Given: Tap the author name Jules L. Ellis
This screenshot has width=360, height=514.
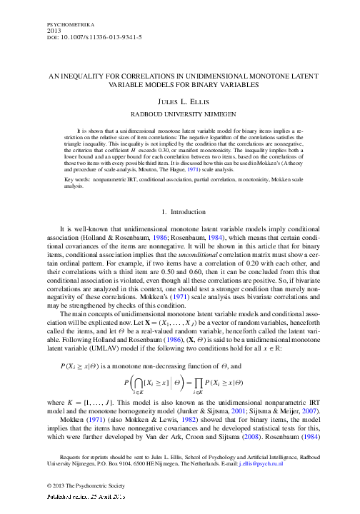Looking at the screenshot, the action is point(180,102).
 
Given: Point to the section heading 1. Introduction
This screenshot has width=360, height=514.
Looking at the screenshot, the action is point(180,212).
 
